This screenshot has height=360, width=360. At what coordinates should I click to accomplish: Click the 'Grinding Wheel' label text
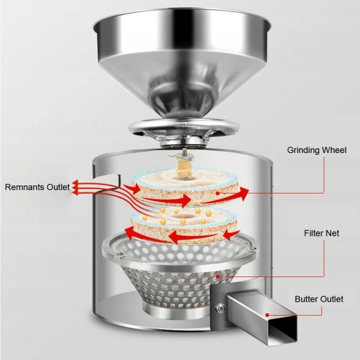pyautogui.click(x=317, y=150)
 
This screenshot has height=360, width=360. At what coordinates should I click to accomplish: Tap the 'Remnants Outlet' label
pyautogui.click(x=37, y=187)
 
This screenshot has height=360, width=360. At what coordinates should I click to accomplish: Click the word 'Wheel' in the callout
pyautogui.click(x=334, y=150)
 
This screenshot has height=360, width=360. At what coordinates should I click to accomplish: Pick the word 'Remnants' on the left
pyautogui.click(x=23, y=187)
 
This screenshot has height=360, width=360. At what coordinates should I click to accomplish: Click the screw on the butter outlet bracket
pyautogui.click(x=221, y=308)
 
